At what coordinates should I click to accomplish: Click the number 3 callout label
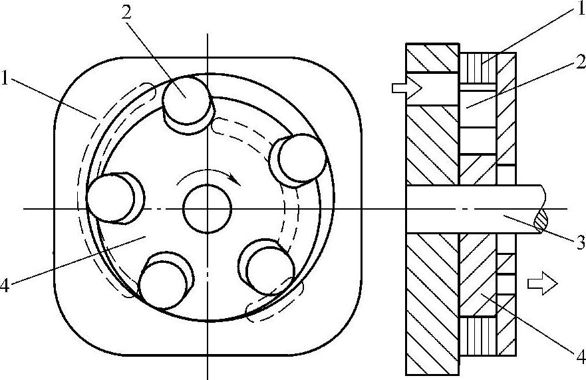coord(580,244)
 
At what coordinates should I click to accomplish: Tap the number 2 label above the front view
coord(126,13)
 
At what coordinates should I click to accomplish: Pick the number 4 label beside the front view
coord(5,286)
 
